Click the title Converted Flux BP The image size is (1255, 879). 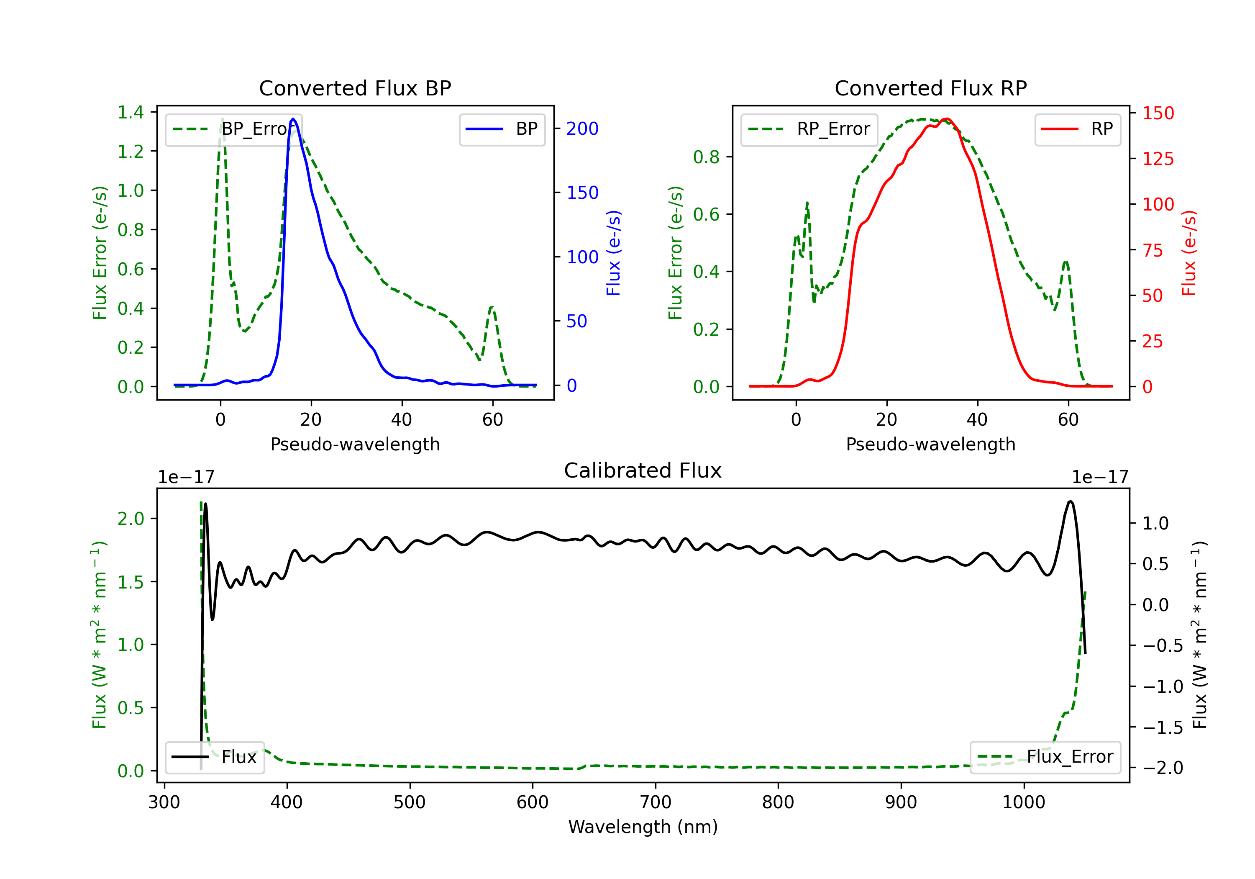pyautogui.click(x=355, y=88)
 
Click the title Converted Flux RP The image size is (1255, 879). pyautogui.click(x=930, y=88)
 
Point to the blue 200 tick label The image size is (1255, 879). pyautogui.click(x=582, y=129)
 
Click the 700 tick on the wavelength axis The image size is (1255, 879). pyautogui.click(x=656, y=802)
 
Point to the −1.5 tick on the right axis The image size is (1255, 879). pyautogui.click(x=1163, y=727)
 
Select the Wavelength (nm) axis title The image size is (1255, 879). pyautogui.click(x=643, y=827)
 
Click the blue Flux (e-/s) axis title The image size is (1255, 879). pyautogui.click(x=613, y=253)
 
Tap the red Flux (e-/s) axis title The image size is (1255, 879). pyautogui.click(x=1189, y=253)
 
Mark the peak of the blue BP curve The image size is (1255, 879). pyautogui.click(x=293, y=119)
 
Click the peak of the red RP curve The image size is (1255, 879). pyautogui.click(x=947, y=119)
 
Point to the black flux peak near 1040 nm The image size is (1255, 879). pyautogui.click(x=1070, y=501)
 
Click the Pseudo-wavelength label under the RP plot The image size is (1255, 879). pyautogui.click(x=930, y=444)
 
